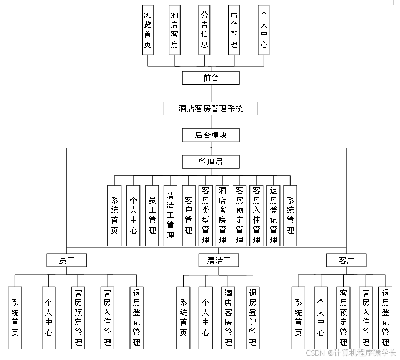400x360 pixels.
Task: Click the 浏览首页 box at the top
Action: (x=148, y=30)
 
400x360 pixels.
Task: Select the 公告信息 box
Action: (x=204, y=30)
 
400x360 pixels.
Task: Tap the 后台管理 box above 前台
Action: (x=234, y=30)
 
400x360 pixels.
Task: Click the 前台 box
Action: (x=211, y=78)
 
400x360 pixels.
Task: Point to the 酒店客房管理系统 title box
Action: (x=211, y=108)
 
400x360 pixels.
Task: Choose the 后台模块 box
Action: (x=211, y=135)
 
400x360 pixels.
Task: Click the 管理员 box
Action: (x=211, y=162)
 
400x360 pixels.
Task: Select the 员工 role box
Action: (x=66, y=260)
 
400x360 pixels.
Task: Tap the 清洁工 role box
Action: (x=219, y=260)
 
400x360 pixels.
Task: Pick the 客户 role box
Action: (x=346, y=260)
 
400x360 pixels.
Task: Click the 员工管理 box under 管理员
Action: (x=152, y=216)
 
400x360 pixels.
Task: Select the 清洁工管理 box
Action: (x=171, y=216)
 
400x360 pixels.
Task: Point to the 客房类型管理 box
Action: (x=205, y=216)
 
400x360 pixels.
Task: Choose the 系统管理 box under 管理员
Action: (x=290, y=216)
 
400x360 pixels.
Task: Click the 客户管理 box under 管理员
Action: (x=188, y=216)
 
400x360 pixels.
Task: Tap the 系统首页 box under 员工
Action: (x=15, y=317)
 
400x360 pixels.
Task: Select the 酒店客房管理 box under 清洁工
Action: (x=228, y=317)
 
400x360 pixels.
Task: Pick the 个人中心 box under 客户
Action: (x=321, y=317)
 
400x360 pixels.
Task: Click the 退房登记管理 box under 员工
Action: (x=136, y=317)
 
